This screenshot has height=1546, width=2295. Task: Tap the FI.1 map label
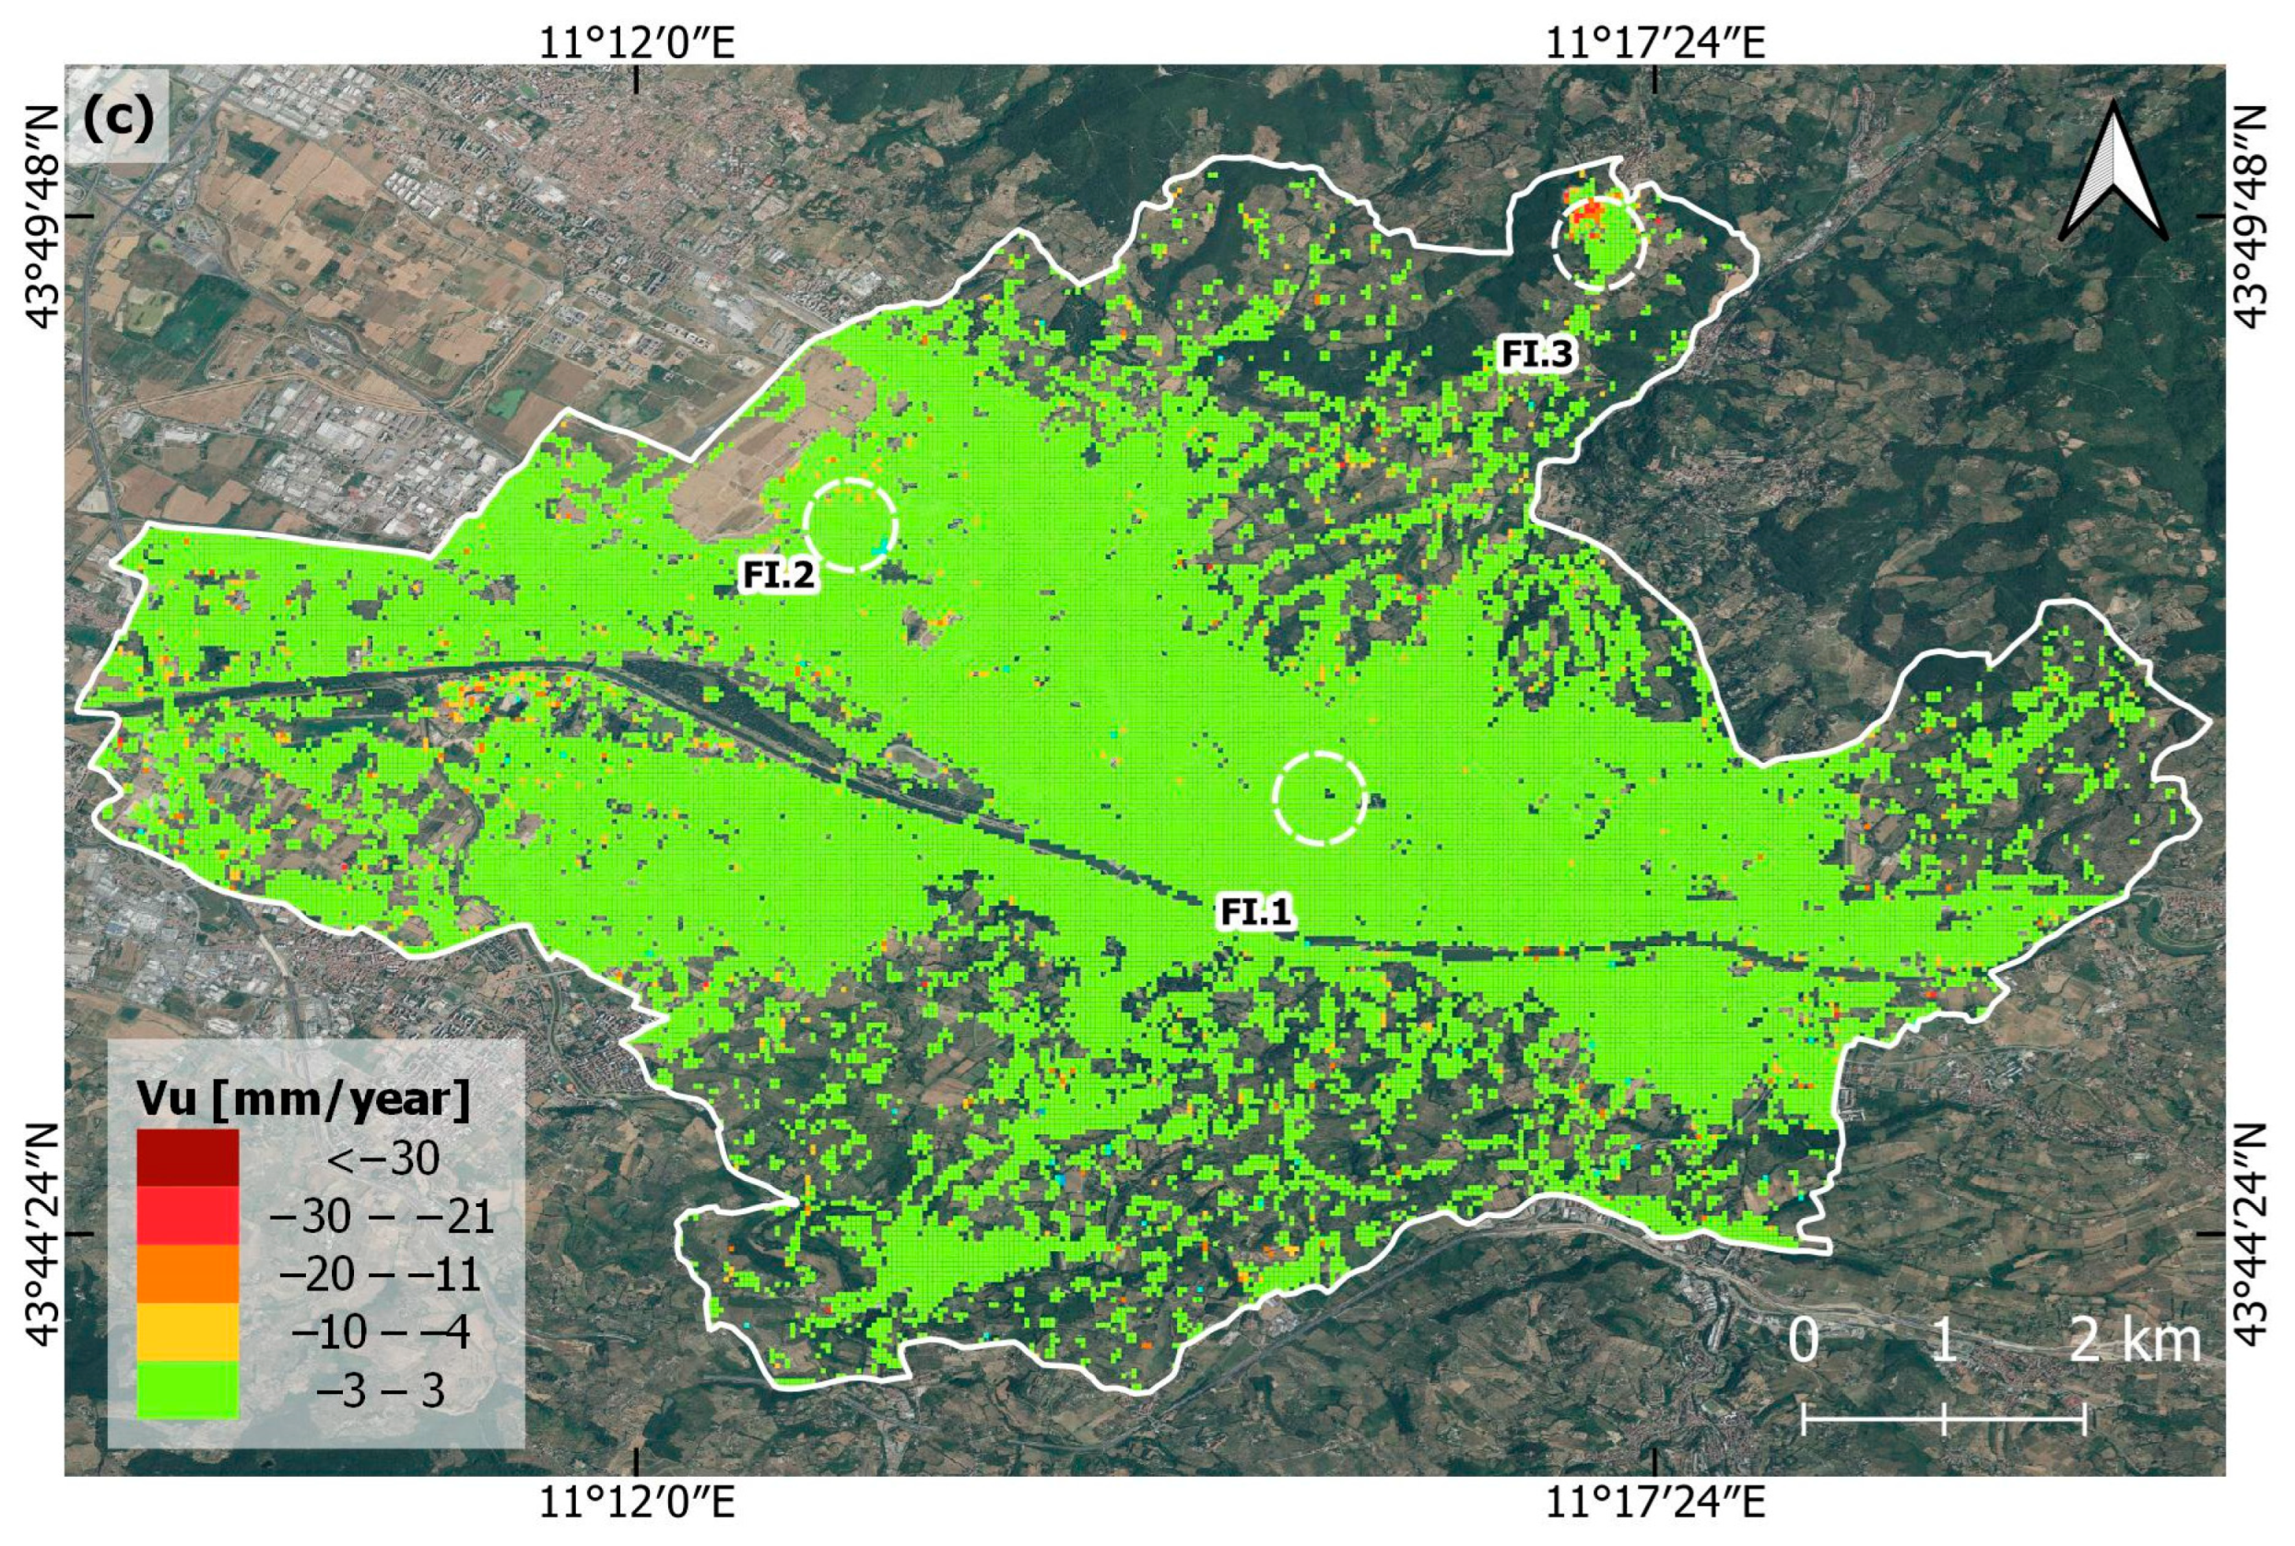pos(1254,912)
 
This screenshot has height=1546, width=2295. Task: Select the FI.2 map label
pos(778,574)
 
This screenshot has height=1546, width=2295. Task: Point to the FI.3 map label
pos(1536,353)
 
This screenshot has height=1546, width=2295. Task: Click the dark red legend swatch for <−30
pos(187,1157)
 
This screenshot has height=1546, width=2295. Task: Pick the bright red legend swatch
pos(187,1215)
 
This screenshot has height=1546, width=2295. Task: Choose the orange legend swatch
pos(187,1274)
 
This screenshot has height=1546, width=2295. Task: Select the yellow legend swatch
pos(187,1332)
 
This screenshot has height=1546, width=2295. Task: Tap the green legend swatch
pos(187,1390)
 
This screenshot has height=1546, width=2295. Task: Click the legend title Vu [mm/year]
pos(304,1097)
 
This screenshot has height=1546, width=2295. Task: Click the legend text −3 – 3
pos(380,1391)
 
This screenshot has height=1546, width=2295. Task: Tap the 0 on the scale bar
pos(1803,1341)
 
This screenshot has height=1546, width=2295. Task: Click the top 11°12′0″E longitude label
pos(636,42)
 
